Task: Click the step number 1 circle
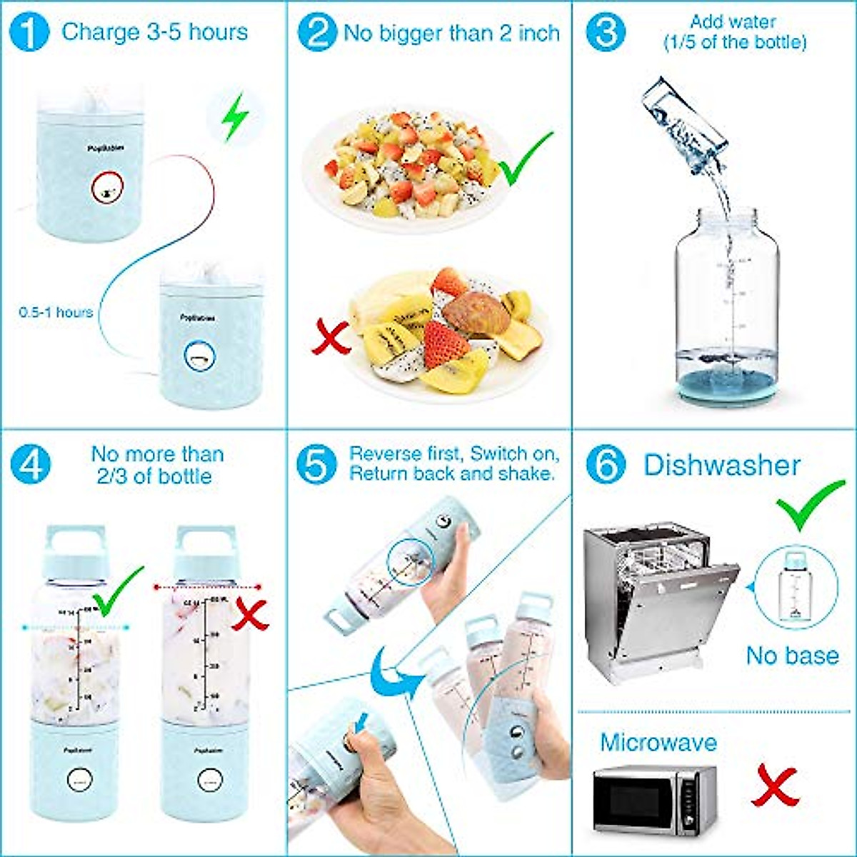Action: tap(30, 33)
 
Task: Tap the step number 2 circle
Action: tap(317, 33)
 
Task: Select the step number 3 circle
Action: tap(606, 33)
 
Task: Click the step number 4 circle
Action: tap(30, 465)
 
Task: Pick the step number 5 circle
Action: tap(316, 465)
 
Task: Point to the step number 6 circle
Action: tap(606, 465)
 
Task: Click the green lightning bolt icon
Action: tap(234, 117)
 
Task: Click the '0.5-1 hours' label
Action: tap(56, 312)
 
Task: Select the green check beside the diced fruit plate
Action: tap(526, 158)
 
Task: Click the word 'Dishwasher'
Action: tap(721, 465)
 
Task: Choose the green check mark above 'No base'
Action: tap(810, 503)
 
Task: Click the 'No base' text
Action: tap(792, 655)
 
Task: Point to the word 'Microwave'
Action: tap(658, 742)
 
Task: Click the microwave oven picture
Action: tap(654, 800)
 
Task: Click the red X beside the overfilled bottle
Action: tap(251, 614)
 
